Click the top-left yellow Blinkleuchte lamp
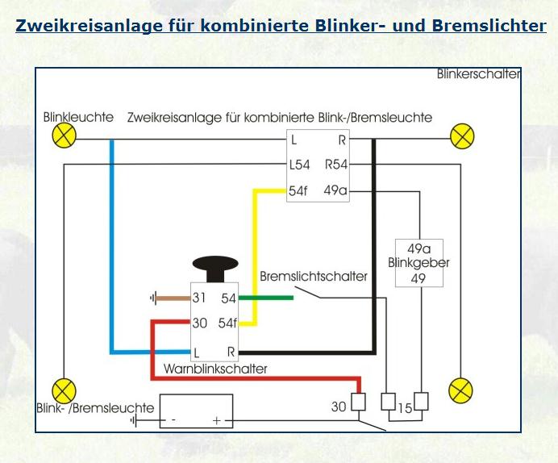pos(64,136)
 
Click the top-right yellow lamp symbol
pos(461,136)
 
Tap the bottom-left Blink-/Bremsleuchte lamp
pos(64,390)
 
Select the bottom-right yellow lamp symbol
pos(460,390)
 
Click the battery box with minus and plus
pos(196,411)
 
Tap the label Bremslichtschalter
pos(313,277)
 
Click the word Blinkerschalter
pos(478,75)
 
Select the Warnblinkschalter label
pos(215,369)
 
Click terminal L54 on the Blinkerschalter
pos(299,165)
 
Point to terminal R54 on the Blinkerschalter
pos(335,165)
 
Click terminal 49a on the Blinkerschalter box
pos(335,191)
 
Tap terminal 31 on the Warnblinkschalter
pos(199,298)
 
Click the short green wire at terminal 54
pos(267,298)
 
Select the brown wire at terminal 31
pos(173,298)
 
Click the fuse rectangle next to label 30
pos(360,402)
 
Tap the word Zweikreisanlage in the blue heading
pos(68,26)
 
